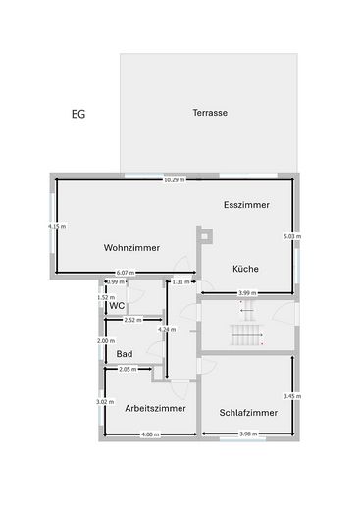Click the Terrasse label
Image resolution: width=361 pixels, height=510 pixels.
tap(210, 113)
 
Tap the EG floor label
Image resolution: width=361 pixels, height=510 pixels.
tap(78, 114)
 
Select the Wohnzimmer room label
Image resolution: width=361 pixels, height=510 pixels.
tap(131, 247)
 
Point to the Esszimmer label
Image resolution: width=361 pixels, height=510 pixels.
tap(245, 204)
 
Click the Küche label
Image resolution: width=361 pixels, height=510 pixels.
tap(245, 268)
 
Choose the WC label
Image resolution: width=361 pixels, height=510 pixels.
tap(117, 306)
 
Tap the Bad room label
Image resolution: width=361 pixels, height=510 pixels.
tap(125, 353)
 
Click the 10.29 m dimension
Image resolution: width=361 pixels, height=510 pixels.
tap(174, 180)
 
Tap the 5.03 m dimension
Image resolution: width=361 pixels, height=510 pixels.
tap(292, 236)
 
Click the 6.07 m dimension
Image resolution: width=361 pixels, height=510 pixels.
tap(125, 272)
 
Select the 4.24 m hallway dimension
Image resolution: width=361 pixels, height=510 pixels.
tap(166, 330)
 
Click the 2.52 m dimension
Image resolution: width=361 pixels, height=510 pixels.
tap(132, 320)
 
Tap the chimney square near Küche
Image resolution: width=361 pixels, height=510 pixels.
tap(204, 233)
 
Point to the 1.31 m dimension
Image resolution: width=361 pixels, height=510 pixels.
tap(181, 282)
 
